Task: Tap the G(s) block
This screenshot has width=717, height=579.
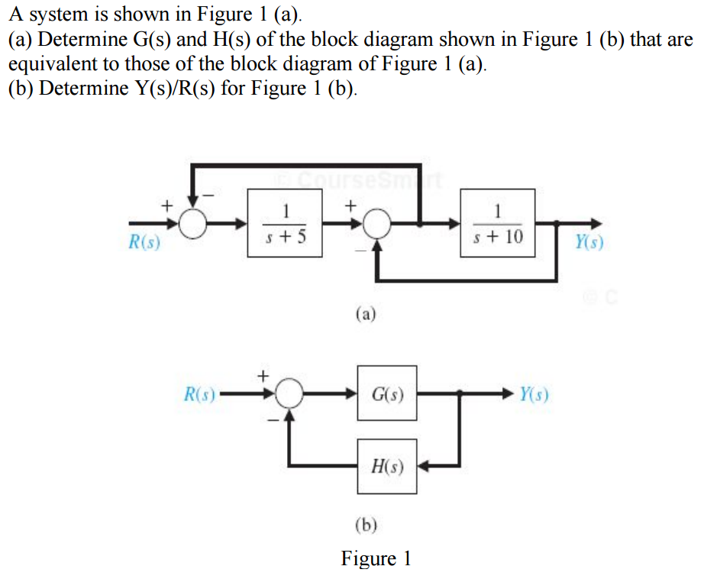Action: tap(387, 395)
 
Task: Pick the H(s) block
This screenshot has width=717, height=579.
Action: tap(387, 465)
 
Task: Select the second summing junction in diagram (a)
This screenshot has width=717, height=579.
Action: tap(376, 224)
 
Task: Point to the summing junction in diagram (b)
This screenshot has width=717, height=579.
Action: tap(289, 395)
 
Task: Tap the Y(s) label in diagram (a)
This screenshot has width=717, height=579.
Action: tap(590, 244)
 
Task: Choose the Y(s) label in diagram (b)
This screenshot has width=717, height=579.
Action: tap(533, 395)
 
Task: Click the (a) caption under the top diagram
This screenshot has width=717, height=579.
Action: tap(366, 313)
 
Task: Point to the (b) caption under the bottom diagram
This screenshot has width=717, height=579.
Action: tap(367, 524)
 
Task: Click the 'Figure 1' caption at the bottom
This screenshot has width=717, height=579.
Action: tap(376, 558)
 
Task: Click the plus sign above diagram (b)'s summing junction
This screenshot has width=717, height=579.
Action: tap(263, 375)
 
